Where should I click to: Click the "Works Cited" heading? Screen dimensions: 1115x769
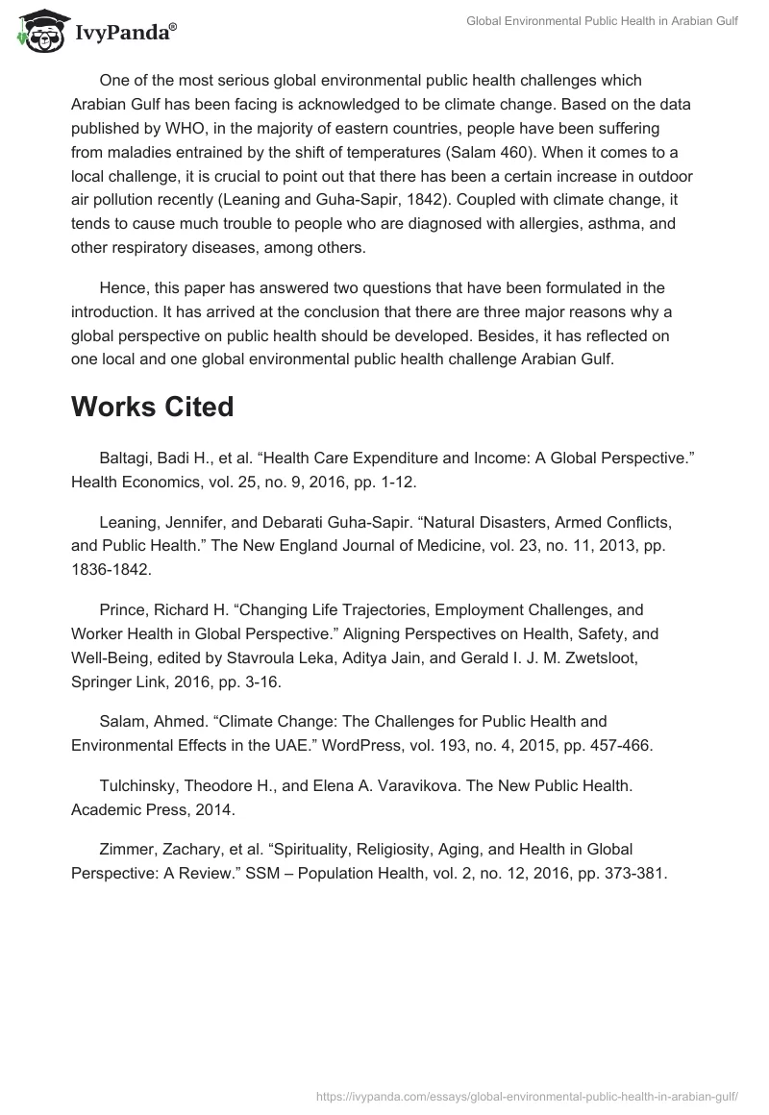coord(152,407)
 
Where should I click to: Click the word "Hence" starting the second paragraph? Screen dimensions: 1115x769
coord(122,287)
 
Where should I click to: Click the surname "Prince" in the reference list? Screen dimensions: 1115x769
coord(120,610)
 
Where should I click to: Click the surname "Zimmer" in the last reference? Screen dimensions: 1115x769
coord(125,850)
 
